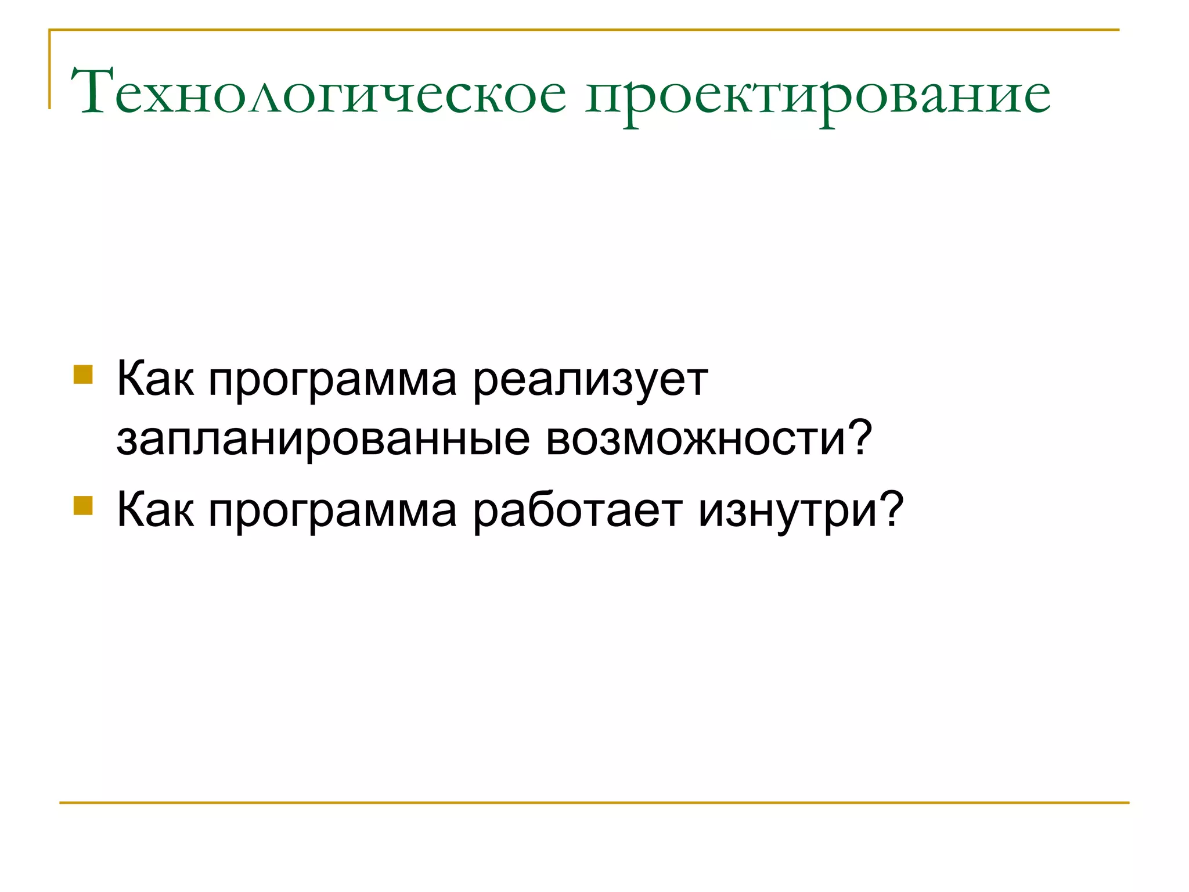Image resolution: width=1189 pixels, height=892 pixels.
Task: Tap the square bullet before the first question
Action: click(83, 375)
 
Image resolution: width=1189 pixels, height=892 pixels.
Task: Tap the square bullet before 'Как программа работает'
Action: click(83, 505)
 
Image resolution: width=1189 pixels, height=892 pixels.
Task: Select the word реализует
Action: click(590, 382)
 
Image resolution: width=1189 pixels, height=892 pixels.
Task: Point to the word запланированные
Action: click(323, 440)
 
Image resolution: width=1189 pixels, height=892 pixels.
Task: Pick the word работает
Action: click(578, 511)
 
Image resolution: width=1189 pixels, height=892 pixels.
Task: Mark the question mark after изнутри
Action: click(890, 509)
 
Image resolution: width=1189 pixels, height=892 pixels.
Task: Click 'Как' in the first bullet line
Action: click(155, 380)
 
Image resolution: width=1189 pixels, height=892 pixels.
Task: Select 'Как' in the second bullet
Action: click(155, 510)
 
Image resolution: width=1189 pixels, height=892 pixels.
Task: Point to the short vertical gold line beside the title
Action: click(50, 70)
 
